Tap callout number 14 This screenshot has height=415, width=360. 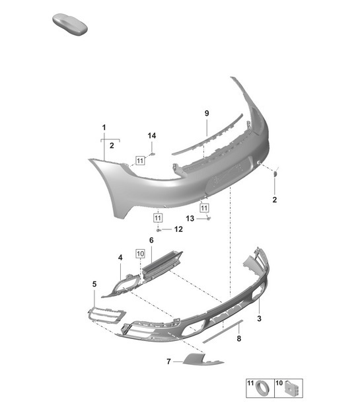click(x=152, y=135)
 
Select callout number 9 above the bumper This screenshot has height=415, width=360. click(x=206, y=114)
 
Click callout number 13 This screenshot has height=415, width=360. click(x=189, y=218)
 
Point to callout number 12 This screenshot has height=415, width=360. click(x=178, y=229)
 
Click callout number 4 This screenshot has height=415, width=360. click(x=120, y=257)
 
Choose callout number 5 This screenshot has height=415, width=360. click(x=94, y=284)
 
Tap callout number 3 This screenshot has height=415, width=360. click(x=260, y=319)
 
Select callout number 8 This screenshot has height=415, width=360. click(x=238, y=338)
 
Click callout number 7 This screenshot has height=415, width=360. click(x=168, y=361)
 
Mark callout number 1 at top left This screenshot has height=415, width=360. click(x=104, y=126)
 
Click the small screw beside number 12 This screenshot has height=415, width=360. click(x=159, y=229)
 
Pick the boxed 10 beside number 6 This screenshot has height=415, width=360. click(x=140, y=253)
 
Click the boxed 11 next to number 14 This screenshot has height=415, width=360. click(x=140, y=160)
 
